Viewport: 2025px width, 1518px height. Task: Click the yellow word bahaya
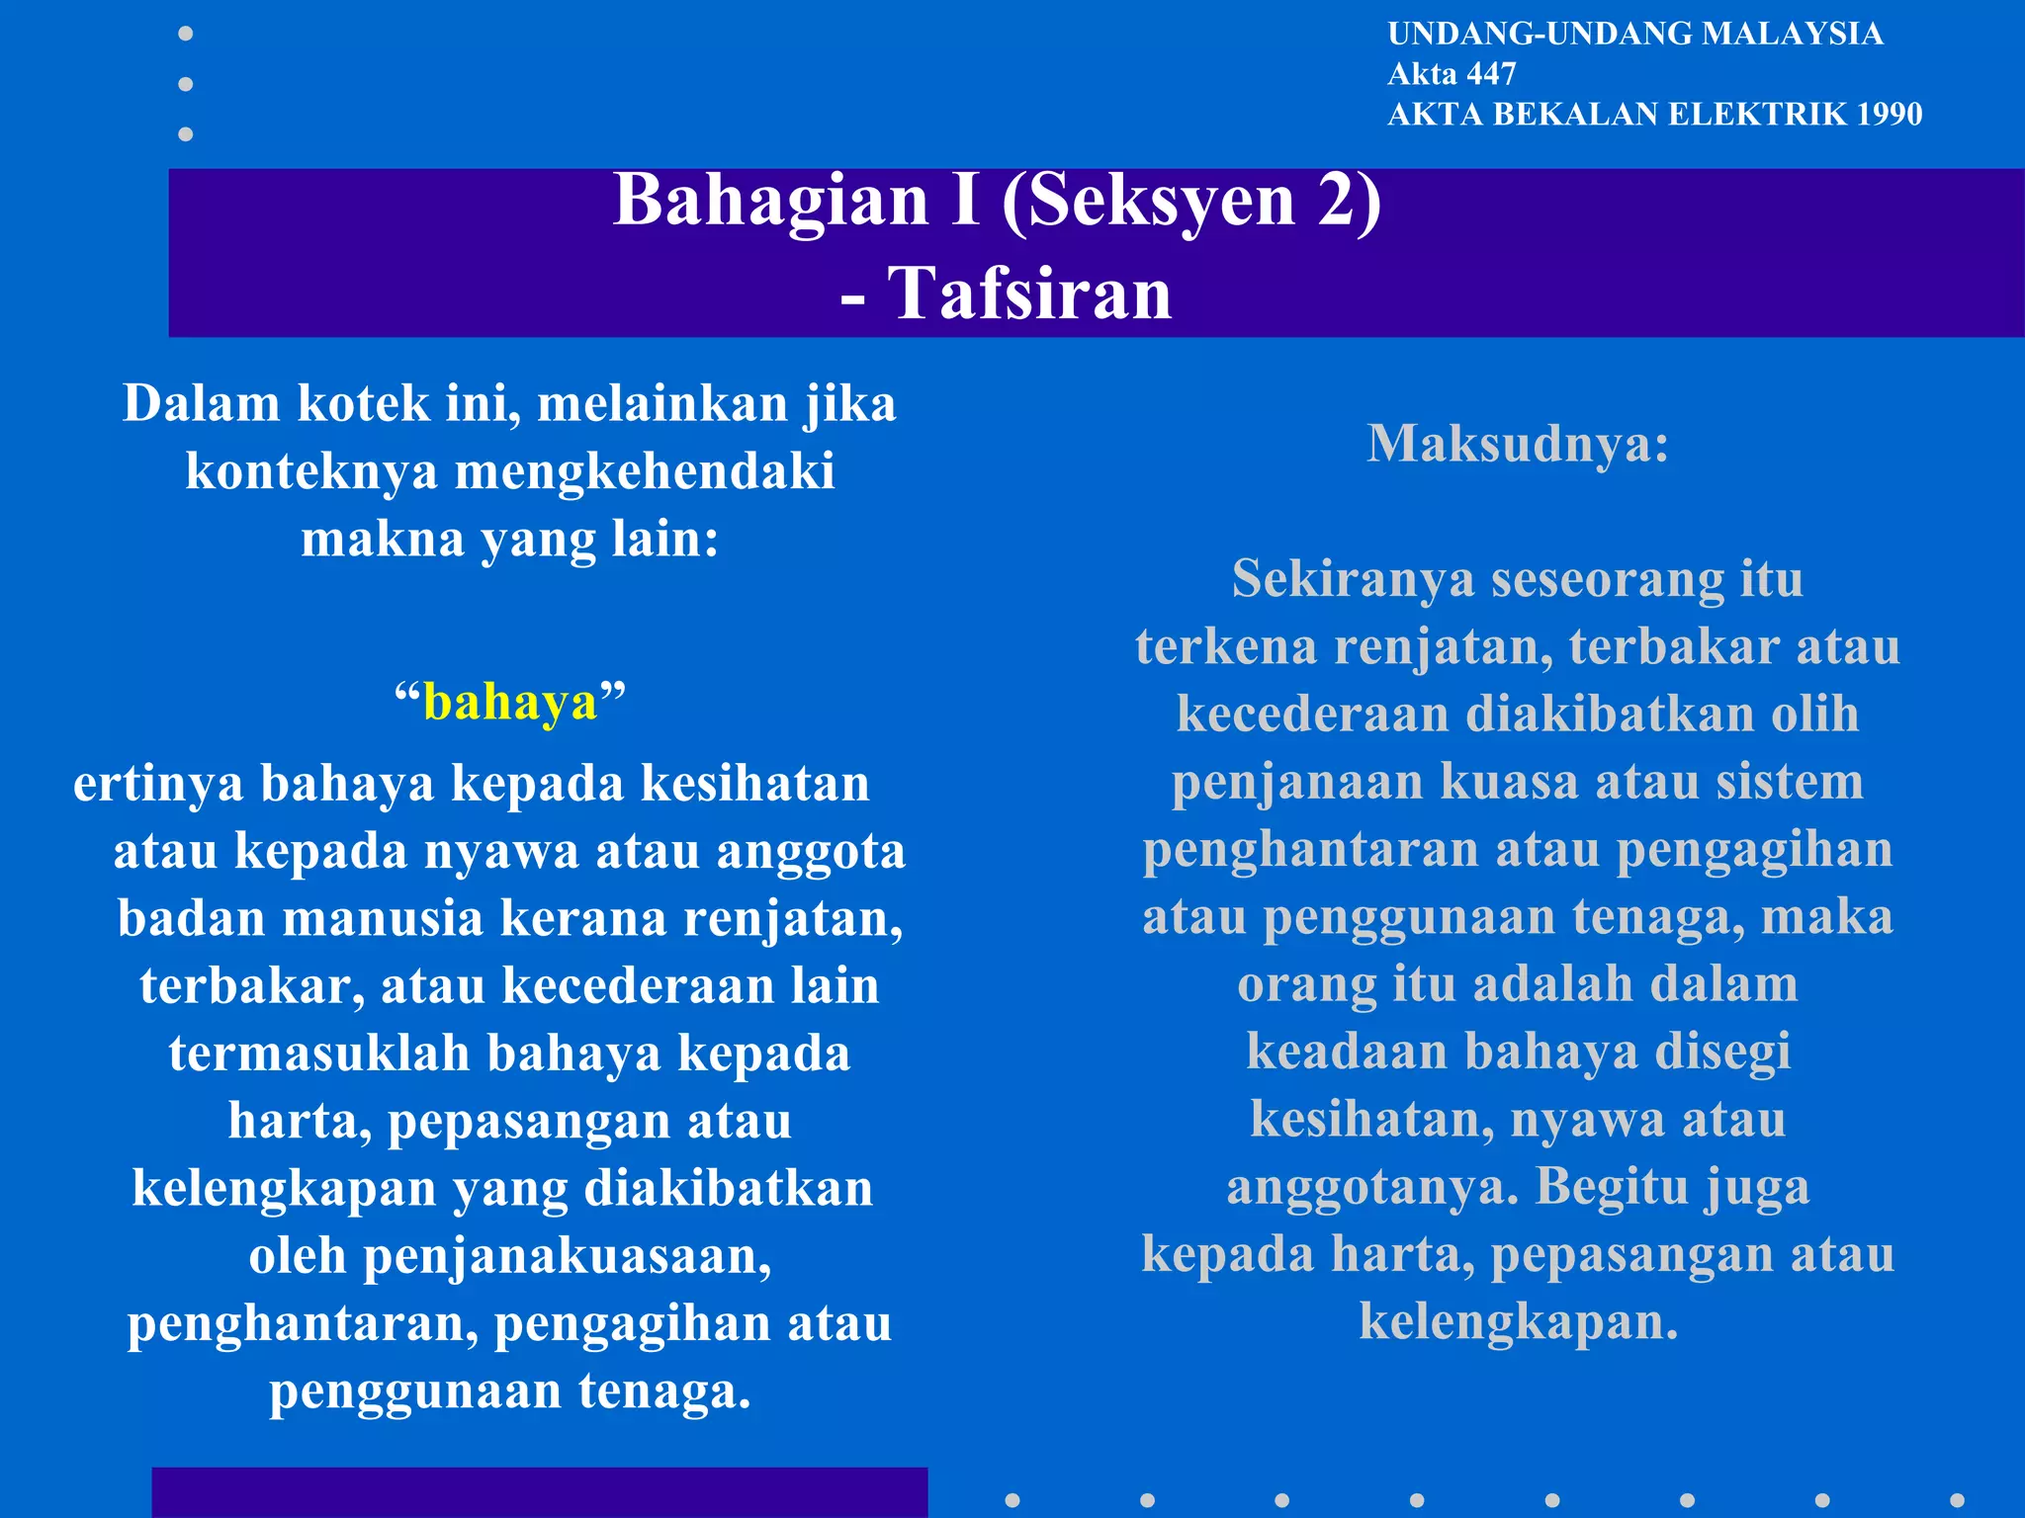click(x=510, y=703)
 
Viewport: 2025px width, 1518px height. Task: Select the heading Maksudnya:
click(x=1518, y=444)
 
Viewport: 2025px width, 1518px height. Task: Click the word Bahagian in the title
click(x=771, y=201)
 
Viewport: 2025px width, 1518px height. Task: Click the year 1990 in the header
click(x=1889, y=115)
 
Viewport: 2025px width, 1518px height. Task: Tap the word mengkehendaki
click(x=644, y=471)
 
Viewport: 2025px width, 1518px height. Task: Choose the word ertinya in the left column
click(x=158, y=784)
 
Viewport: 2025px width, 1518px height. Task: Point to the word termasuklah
click(x=318, y=1054)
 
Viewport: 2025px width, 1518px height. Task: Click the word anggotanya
click(x=1372, y=1187)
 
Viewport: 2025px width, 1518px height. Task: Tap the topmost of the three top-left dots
click(x=185, y=34)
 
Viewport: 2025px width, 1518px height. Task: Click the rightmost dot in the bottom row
click(x=1957, y=1500)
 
